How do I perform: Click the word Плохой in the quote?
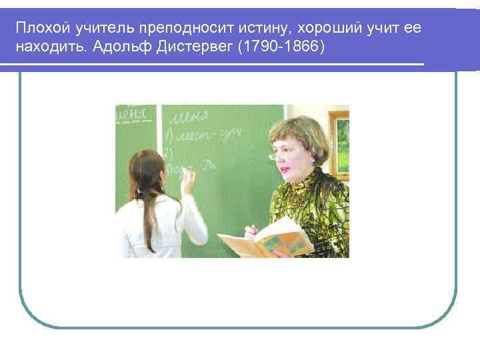[38, 29]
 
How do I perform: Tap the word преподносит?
[173, 29]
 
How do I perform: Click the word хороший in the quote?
[326, 29]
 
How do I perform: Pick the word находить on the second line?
[46, 48]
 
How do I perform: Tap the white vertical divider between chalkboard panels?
[159, 127]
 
